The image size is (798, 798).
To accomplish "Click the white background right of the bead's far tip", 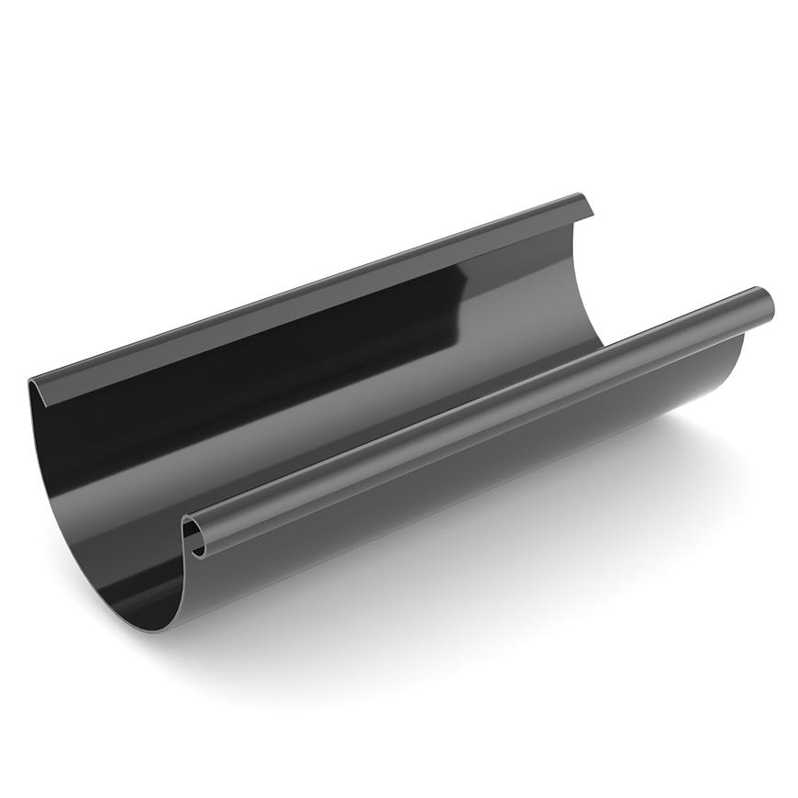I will pyautogui.click(x=785, y=303).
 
